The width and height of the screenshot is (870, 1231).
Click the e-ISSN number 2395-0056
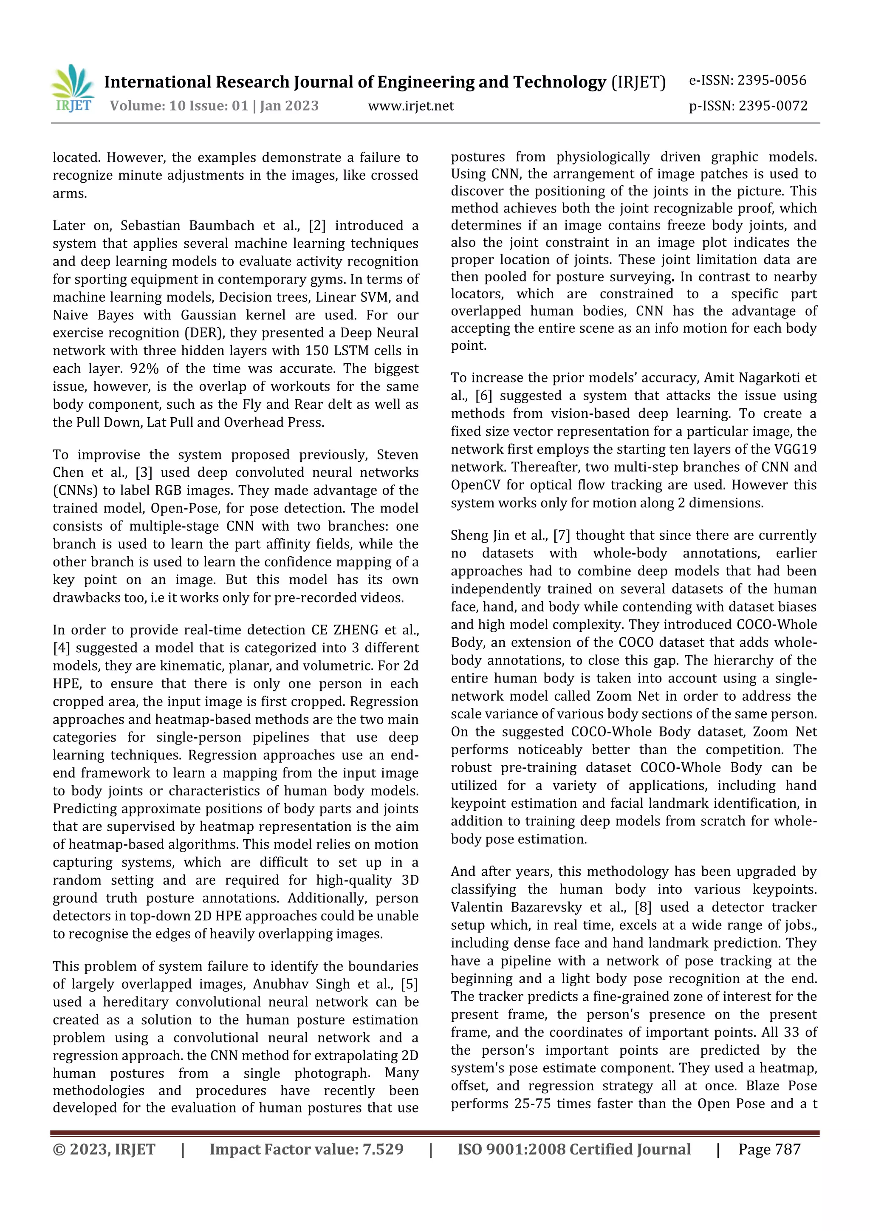pyautogui.click(x=771, y=80)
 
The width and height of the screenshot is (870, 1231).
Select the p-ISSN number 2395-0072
pyautogui.click(x=772, y=106)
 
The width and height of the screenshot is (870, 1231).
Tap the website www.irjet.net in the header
pyautogui.click(x=411, y=106)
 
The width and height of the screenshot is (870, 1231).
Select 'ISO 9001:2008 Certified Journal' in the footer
pyautogui.click(x=573, y=1149)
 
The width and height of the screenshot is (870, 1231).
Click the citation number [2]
pyautogui.click(x=317, y=226)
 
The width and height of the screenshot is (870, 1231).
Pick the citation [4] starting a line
pyautogui.click(x=62, y=648)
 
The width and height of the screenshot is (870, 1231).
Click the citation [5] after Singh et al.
pyautogui.click(x=409, y=985)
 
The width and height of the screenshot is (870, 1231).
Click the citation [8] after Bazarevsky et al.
pyautogui.click(x=643, y=907)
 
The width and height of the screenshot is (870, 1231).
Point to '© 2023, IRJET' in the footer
pyautogui.click(x=104, y=1149)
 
